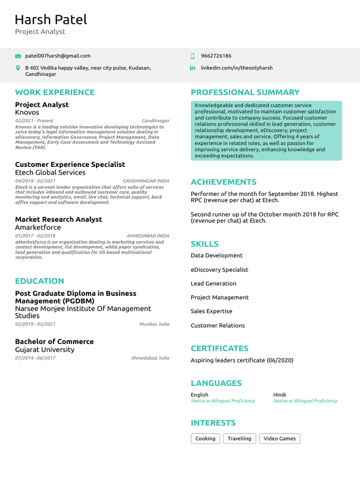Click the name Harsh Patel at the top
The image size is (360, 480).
pyautogui.click(x=51, y=20)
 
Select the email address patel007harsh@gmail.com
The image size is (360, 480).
pyautogui.click(x=58, y=56)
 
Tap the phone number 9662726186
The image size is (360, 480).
pyautogui.click(x=216, y=56)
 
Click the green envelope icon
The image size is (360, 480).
pyautogui.click(x=18, y=56)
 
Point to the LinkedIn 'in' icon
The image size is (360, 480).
pyautogui.click(x=192, y=68)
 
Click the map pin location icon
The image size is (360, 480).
pyautogui.click(x=18, y=68)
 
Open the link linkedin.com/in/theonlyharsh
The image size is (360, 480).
pyautogui.click(x=236, y=68)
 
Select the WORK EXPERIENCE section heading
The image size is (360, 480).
pyautogui.click(x=54, y=92)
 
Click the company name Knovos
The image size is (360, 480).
pyautogui.click(x=27, y=112)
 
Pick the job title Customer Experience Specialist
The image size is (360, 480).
pyautogui.click(x=70, y=165)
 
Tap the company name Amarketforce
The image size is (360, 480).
pyautogui.click(x=38, y=227)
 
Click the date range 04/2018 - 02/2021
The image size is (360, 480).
pyautogui.click(x=35, y=181)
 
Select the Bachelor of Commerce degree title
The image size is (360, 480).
pyautogui.click(x=54, y=342)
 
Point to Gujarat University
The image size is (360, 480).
pyautogui.click(x=45, y=350)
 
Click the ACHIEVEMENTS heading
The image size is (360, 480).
pyautogui.click(x=224, y=182)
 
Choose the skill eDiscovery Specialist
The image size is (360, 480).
pyautogui.click(x=219, y=270)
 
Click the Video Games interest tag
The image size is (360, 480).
pyautogui.click(x=279, y=439)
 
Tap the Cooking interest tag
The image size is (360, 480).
pyautogui.click(x=205, y=439)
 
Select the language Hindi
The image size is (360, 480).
pyautogui.click(x=279, y=395)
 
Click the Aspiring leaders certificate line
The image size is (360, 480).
pyautogui.click(x=242, y=360)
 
